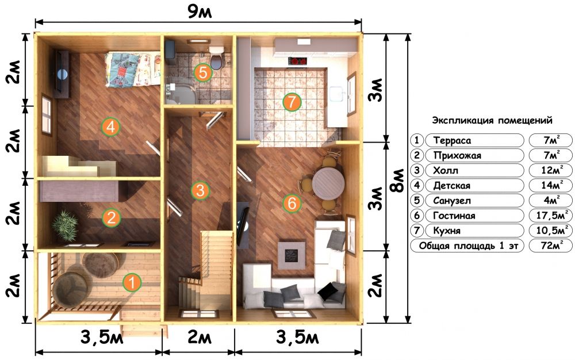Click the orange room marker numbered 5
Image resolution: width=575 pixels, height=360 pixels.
[203, 72]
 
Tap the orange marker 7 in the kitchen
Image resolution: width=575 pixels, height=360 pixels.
[292, 102]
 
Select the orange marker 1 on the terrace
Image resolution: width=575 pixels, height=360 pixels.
[131, 282]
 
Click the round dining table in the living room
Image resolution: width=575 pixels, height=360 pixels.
[328, 185]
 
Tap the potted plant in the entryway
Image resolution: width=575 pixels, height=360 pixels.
[66, 224]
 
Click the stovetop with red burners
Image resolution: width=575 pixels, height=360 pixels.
[297, 61]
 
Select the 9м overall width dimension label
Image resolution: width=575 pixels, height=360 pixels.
[200, 12]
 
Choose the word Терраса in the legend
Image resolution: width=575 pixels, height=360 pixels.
[452, 140]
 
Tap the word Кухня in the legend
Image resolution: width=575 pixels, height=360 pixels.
[447, 231]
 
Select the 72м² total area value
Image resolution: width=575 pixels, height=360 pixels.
[551, 245]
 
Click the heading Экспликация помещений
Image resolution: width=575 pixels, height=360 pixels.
[492, 120]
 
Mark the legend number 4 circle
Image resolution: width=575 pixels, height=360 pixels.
[416, 185]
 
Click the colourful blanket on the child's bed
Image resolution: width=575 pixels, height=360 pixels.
[128, 69]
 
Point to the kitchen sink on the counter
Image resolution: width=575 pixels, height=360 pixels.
[336, 94]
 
